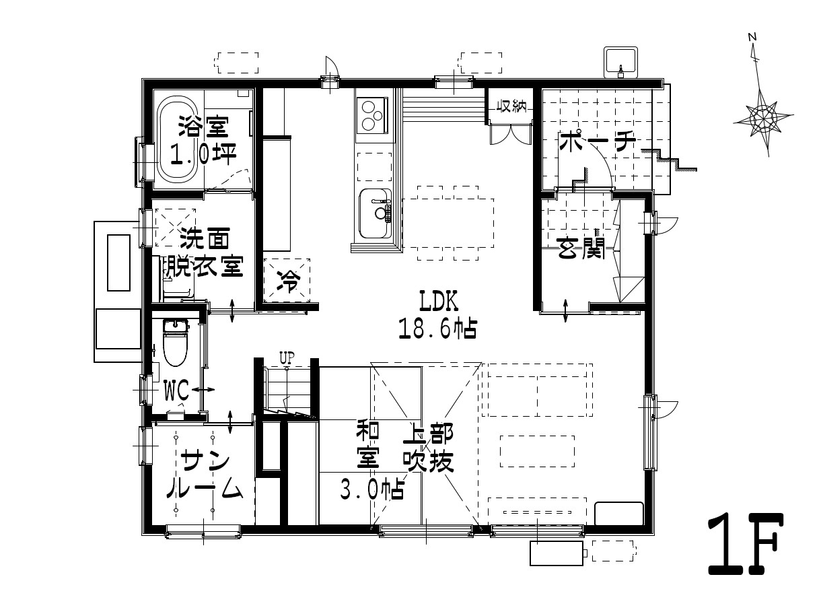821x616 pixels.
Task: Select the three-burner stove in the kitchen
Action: click(372, 115)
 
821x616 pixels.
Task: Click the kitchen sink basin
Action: click(376, 213)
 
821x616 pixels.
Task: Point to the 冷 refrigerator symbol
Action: click(287, 281)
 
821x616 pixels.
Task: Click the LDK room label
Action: click(438, 302)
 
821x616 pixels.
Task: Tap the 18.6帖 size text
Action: click(437, 328)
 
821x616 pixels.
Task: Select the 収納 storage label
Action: click(511, 106)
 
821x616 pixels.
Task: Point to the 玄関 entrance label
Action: click(581, 247)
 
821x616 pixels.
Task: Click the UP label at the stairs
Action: click(287, 357)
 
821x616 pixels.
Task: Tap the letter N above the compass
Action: click(752, 37)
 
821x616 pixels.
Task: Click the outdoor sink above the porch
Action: click(620, 62)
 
